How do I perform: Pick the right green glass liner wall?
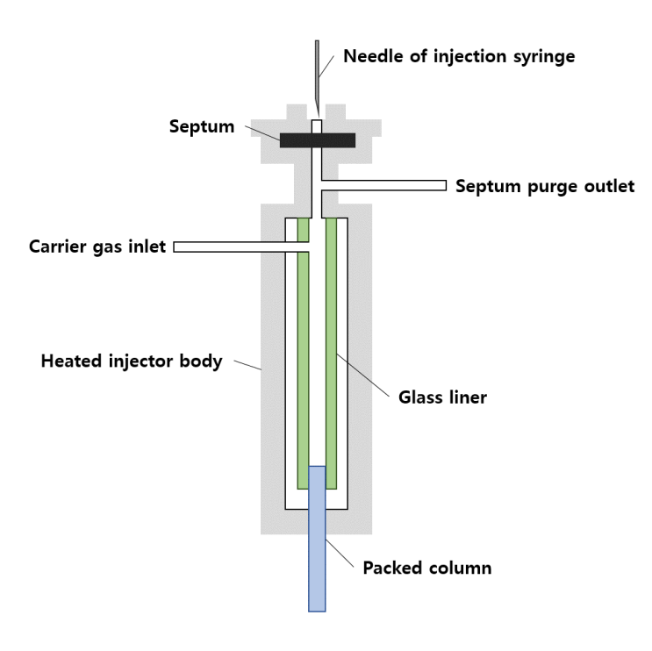pos(331,351)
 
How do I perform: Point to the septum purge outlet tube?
pos(395,186)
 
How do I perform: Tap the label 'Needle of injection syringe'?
pos(459,57)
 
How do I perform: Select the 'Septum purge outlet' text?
pos(544,186)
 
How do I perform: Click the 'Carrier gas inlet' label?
pos(96,247)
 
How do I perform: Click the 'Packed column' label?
pos(427,568)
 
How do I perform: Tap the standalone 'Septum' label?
pos(202,126)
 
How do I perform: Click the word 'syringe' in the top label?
pos(544,57)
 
